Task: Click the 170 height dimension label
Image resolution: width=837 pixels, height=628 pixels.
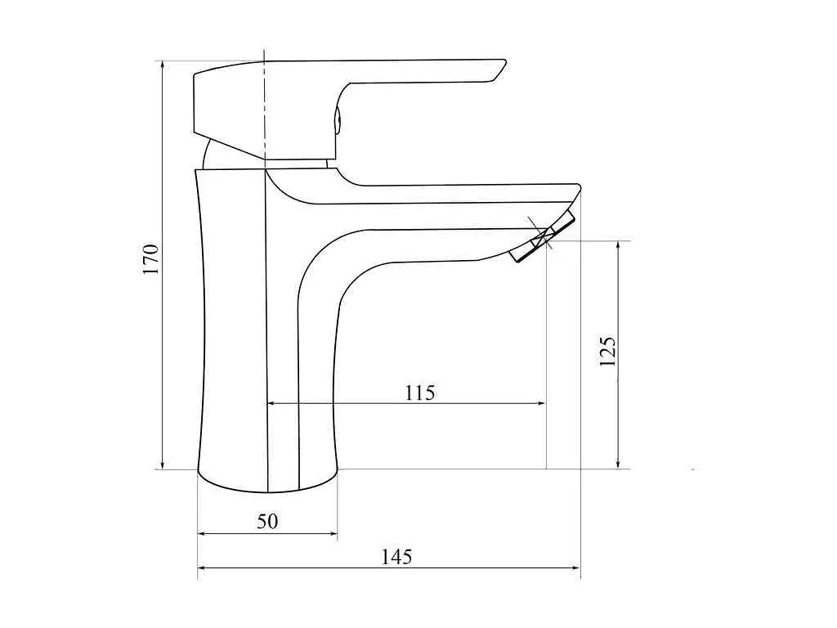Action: (x=151, y=259)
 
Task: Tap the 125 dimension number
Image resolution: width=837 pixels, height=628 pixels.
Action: (x=607, y=351)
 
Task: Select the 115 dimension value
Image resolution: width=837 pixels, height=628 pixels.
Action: (x=420, y=392)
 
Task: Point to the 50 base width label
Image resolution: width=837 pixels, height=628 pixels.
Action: (x=267, y=521)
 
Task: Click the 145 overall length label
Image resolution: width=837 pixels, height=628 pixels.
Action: (x=396, y=557)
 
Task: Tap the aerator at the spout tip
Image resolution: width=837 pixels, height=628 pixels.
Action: (x=543, y=236)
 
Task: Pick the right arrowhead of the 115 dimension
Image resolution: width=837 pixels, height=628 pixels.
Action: (x=540, y=403)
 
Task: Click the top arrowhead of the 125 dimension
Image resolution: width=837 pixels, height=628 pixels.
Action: (x=618, y=246)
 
